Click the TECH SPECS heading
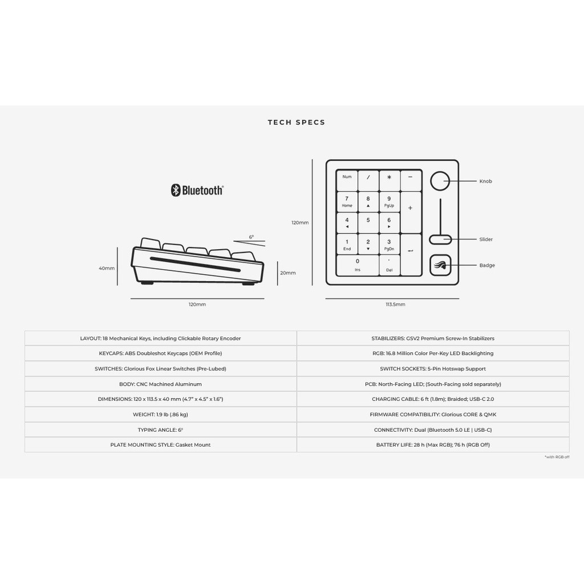point(297,122)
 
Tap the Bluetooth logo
point(197,190)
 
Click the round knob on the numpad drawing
point(440,181)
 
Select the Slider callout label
point(486,240)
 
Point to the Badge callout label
point(487,265)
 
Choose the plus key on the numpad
point(411,208)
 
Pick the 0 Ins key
point(358,265)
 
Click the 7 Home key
point(347,201)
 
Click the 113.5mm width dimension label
point(395,305)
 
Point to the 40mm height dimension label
point(107,268)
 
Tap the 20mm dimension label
point(287,273)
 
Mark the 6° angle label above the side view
point(251,237)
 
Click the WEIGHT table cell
point(160,415)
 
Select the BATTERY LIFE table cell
point(433,445)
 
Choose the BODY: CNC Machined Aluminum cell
point(160,384)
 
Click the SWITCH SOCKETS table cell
point(433,369)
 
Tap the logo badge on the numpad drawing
point(440,265)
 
